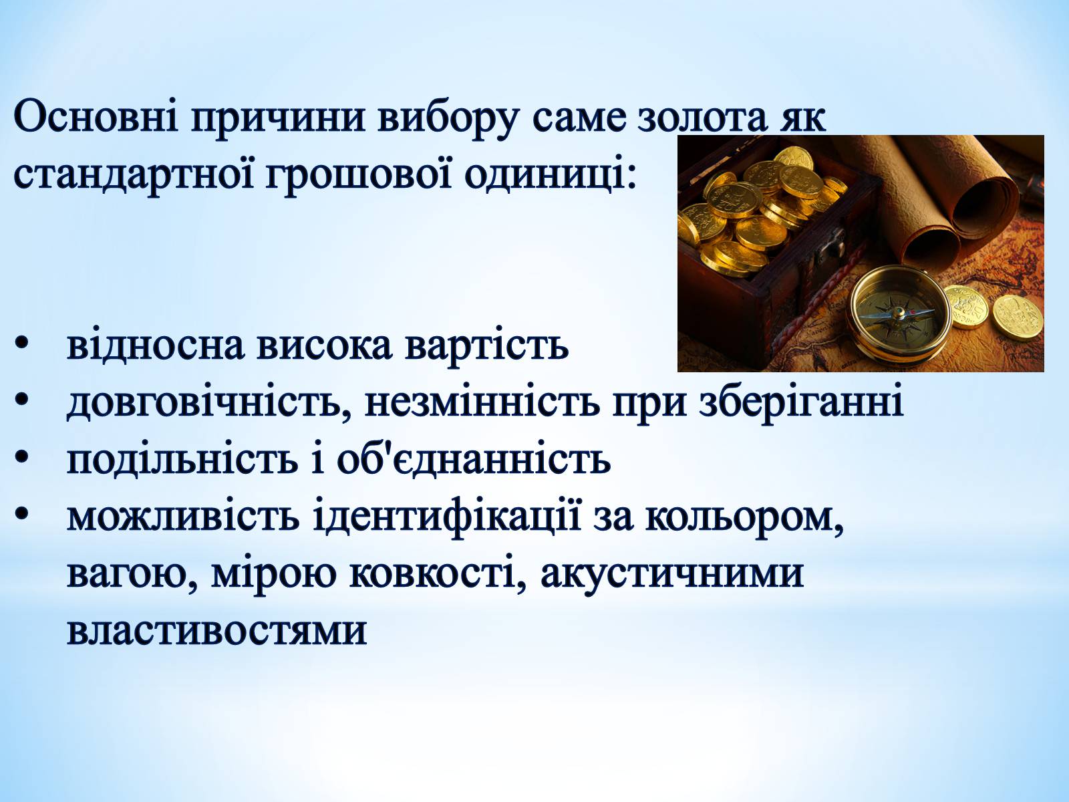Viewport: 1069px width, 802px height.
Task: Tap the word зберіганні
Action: (x=802, y=404)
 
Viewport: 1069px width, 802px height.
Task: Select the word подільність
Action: (x=182, y=460)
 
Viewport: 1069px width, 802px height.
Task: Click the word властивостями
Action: (x=216, y=632)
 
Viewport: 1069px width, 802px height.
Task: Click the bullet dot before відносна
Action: (x=21, y=344)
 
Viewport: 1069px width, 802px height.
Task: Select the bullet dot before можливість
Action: (x=21, y=514)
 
